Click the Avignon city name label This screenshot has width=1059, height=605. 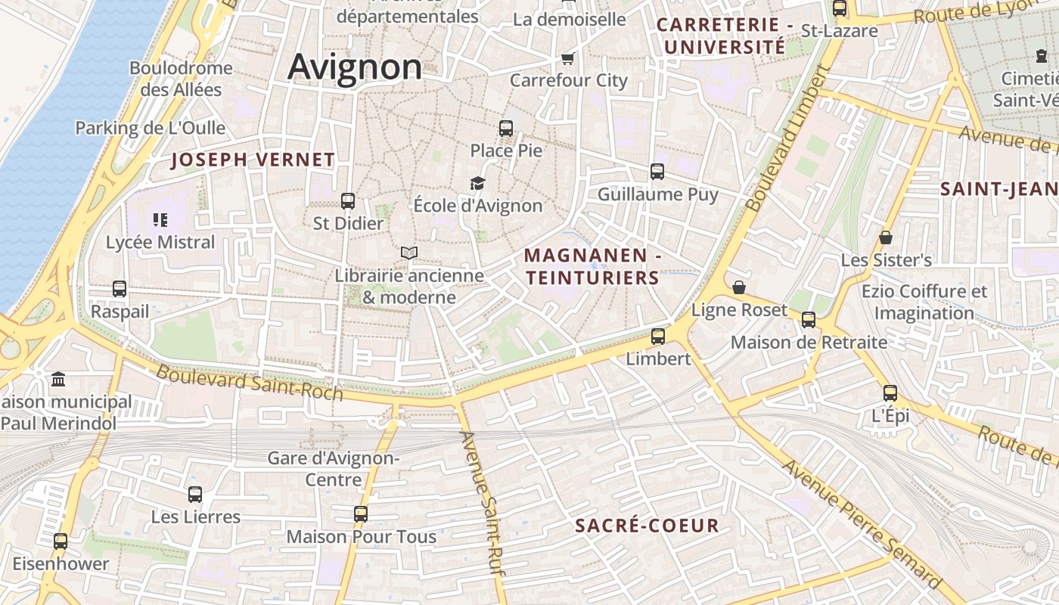point(355,67)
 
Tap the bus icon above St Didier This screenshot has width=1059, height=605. point(348,201)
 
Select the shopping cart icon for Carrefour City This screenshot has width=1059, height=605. point(568,58)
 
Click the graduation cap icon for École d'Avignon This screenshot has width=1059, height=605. point(477,183)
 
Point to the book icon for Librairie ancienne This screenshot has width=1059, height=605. point(409,253)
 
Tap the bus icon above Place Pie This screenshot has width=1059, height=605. point(506,129)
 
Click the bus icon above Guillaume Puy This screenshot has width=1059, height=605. point(657,172)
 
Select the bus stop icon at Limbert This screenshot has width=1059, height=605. point(658,337)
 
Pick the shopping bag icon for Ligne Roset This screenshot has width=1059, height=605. point(739,287)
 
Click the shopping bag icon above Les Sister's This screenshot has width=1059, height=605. point(886,237)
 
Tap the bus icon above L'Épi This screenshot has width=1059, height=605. point(890,393)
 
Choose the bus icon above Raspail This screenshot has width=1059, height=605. point(120,288)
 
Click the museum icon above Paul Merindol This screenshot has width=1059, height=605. point(58,379)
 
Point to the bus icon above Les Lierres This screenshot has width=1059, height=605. point(195,495)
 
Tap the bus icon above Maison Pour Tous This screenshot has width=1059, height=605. point(361,514)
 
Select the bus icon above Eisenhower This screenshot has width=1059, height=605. point(61,541)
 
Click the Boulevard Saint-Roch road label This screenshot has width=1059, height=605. point(250,383)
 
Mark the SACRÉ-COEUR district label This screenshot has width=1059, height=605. point(647,526)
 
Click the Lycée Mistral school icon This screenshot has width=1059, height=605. point(160,220)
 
